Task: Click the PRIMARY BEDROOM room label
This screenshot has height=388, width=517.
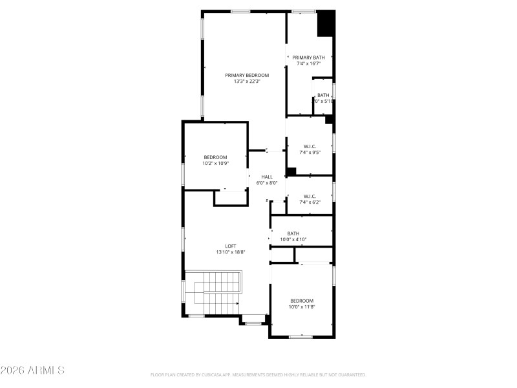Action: [x=247, y=75]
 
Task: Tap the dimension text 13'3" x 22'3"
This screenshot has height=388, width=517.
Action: [x=247, y=81]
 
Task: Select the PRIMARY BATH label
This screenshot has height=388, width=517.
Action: [x=308, y=58]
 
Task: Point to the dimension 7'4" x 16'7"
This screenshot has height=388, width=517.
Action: [x=308, y=64]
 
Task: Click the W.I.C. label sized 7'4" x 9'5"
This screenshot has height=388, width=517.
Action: [x=310, y=146]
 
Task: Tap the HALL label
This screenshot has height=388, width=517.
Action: [x=267, y=177]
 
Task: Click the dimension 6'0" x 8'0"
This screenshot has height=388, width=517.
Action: [x=267, y=183]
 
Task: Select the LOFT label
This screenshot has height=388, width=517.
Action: [x=231, y=246]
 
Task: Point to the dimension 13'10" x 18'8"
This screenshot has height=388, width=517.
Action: [x=231, y=252]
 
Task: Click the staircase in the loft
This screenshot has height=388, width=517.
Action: [x=213, y=294]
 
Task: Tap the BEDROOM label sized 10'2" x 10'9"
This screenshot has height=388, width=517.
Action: [x=216, y=157]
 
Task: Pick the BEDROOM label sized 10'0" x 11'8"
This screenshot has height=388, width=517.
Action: [x=302, y=301]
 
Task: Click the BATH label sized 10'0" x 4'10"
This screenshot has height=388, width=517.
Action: [x=293, y=233]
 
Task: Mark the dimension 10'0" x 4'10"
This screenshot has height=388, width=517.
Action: [x=293, y=240]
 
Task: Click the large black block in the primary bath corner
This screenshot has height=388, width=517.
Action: [x=326, y=23]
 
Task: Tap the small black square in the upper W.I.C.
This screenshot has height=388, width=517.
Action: [x=291, y=171]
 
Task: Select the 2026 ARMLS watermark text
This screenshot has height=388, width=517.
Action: [x=32, y=371]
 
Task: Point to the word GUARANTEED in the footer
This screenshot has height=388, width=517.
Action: [x=350, y=374]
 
